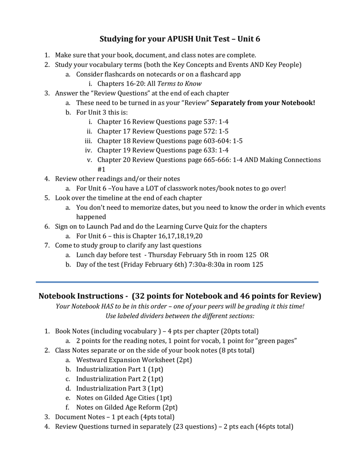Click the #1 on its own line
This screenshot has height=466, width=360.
click(x=101, y=169)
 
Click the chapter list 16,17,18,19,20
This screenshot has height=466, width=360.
click(x=176, y=236)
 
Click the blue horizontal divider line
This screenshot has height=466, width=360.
click(x=177, y=282)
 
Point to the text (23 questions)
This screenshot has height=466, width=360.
click(x=193, y=427)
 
